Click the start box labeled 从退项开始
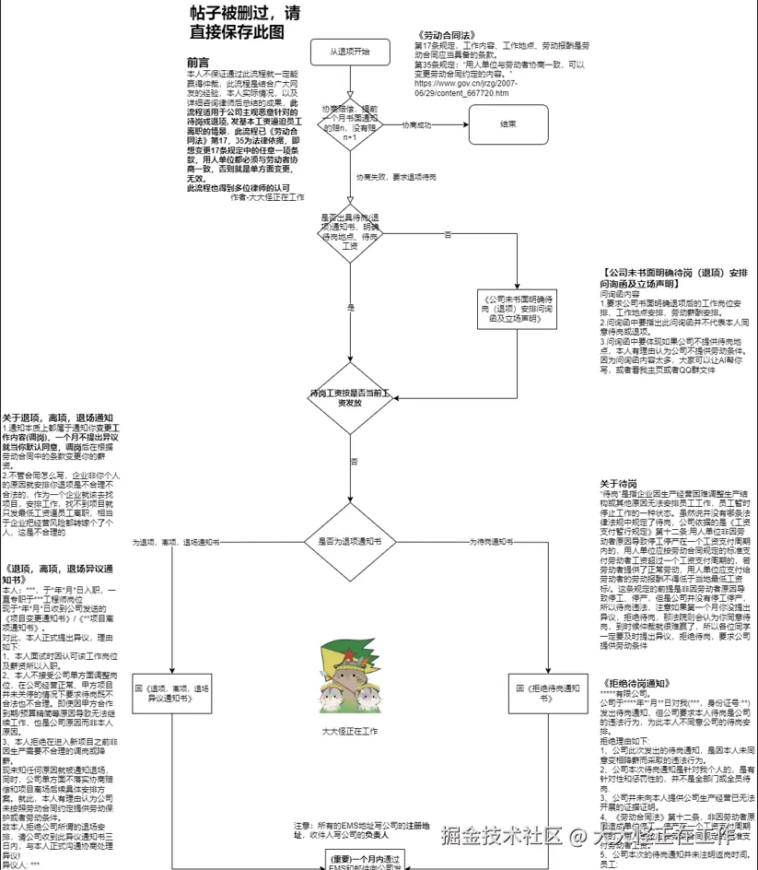[350, 53]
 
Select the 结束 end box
[507, 123]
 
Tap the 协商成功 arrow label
[416, 124]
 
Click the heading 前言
[198, 63]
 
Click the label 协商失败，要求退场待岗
[396, 176]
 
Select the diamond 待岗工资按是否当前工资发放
[350, 397]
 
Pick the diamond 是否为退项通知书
[350, 542]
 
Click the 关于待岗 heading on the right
[618, 484]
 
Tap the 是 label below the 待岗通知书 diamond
[350, 306]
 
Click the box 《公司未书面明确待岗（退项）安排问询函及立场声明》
[517, 312]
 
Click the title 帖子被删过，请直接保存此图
[244, 23]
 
